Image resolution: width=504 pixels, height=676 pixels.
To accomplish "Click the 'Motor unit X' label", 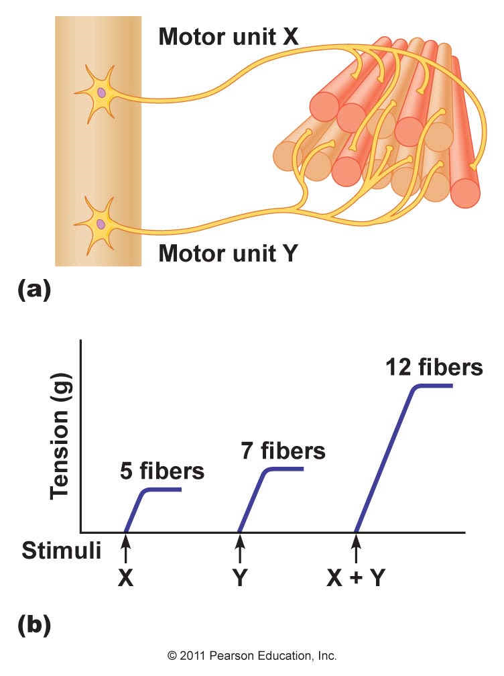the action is (229, 37).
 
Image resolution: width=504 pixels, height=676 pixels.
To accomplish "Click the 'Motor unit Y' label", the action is (229, 253).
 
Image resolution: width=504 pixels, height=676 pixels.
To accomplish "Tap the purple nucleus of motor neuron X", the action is (101, 93).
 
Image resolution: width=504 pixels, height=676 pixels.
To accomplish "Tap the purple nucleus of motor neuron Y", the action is (101, 224).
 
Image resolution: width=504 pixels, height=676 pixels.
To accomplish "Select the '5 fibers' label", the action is (162, 471).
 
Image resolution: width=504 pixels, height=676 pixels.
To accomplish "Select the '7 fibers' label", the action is (283, 451).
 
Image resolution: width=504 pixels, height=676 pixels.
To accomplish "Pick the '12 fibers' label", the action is (434, 368).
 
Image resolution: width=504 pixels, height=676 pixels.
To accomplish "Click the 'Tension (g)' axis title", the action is (60, 437).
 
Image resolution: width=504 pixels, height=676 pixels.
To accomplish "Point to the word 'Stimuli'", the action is (62, 551).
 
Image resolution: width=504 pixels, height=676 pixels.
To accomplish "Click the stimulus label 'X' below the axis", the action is (126, 577).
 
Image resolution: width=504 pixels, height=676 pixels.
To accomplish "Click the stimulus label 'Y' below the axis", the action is (241, 577).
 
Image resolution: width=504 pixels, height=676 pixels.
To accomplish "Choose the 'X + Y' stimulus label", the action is (356, 577).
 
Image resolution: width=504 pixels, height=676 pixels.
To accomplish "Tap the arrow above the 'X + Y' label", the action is (357, 548).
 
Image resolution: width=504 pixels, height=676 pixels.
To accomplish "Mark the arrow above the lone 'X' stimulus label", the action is (126, 548).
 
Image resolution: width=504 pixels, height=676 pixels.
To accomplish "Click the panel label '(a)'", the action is (34, 289).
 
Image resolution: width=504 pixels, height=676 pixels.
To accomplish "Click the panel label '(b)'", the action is (34, 626).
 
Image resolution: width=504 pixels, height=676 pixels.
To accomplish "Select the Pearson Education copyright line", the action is (252, 656).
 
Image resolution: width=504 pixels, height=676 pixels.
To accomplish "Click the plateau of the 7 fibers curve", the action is (286, 469).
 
